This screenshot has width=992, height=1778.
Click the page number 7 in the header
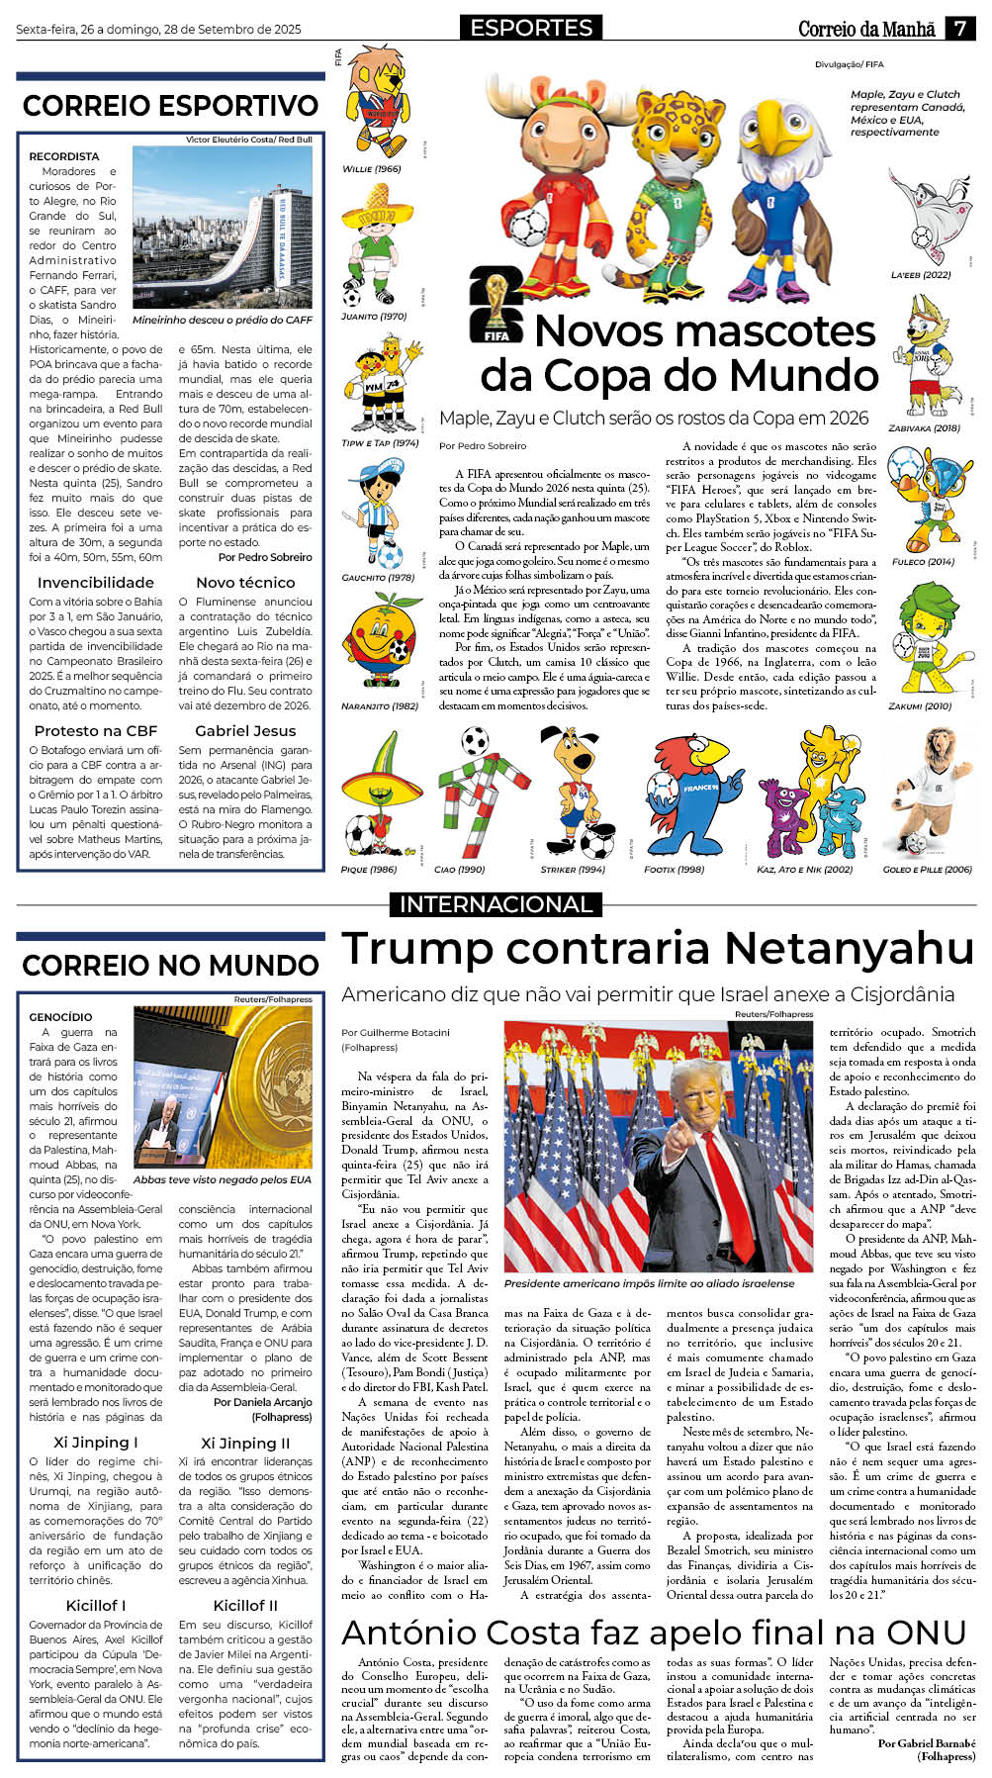tap(959, 28)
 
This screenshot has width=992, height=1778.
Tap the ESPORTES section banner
tap(531, 28)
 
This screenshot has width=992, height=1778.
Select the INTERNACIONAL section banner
tap(496, 903)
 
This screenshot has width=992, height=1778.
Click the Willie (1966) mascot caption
tap(371, 169)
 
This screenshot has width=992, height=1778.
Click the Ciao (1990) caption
tap(459, 870)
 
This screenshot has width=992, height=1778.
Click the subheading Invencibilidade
tap(95, 583)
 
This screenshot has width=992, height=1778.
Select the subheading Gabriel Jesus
tap(245, 731)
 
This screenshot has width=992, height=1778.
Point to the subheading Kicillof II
tap(245, 1605)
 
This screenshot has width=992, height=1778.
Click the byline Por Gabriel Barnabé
tap(926, 1743)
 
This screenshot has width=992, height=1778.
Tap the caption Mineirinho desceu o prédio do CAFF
tap(222, 321)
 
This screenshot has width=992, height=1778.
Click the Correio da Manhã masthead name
tap(866, 29)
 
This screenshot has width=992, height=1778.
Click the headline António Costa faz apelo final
tap(653, 1632)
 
